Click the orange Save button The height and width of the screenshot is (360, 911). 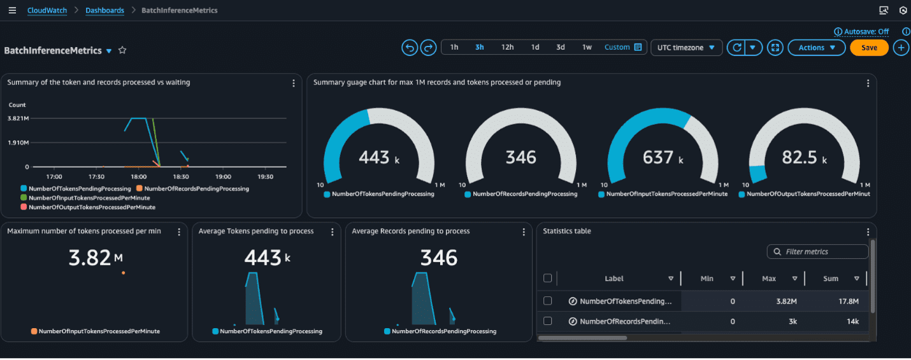(869, 48)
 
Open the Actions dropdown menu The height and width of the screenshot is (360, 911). (816, 48)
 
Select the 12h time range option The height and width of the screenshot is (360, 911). (507, 47)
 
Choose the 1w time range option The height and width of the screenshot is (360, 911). (587, 47)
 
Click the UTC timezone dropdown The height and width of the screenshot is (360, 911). (686, 48)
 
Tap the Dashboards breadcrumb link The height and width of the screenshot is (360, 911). (104, 10)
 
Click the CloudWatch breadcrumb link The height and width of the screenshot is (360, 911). (47, 10)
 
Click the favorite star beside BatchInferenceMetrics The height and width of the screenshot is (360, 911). (122, 50)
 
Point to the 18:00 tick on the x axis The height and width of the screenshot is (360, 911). (138, 176)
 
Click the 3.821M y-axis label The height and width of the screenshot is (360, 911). (18, 119)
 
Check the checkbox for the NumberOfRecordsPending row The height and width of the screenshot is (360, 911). (547, 321)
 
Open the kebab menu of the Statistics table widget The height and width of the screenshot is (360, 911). (868, 232)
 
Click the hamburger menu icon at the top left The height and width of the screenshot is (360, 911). (12, 10)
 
